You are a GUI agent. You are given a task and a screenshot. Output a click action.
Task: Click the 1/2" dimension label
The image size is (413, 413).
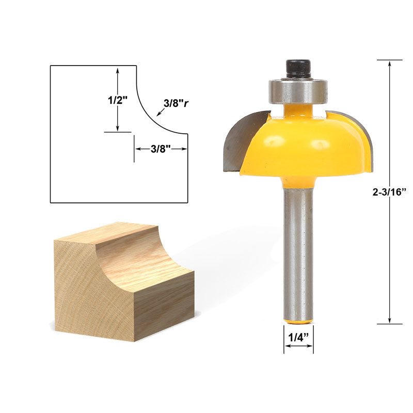[x=118, y=100]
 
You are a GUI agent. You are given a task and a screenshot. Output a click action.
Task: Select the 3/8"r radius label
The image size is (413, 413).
[x=176, y=104]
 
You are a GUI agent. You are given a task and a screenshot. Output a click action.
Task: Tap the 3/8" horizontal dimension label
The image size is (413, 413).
[x=161, y=149]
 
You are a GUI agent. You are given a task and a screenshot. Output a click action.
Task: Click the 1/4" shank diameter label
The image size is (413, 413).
[x=298, y=337]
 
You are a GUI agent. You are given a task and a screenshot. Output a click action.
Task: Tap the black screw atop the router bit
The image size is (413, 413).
[x=298, y=69]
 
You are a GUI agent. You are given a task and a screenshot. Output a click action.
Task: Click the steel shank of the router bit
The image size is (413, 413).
[x=298, y=253]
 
